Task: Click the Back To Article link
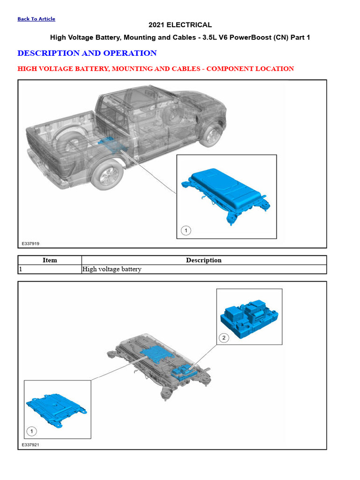pos(36,19)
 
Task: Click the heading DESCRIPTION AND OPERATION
pos(87,53)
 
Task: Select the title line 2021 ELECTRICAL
pos(180,25)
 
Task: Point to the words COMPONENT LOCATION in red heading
pos(250,69)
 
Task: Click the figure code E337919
pos(30,244)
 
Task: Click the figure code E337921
pos(30,445)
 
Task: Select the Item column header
pos(50,260)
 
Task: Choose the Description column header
pos(203,260)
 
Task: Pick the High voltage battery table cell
pos(112,269)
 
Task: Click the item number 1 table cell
pos(50,269)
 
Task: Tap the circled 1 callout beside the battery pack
pos(186,230)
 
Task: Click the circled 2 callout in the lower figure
pos(224,337)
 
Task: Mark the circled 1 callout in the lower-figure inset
pos(31,431)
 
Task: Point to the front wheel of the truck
pos(211,135)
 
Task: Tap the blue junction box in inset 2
pos(249,319)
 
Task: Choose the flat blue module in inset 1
pos(56,410)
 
